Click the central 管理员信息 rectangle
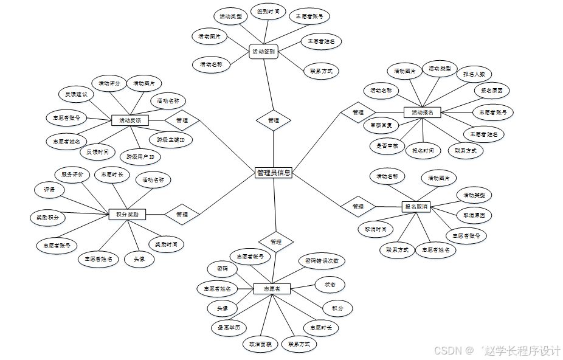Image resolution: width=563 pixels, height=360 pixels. coord(274,173)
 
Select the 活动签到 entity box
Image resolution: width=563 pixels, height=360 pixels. coord(263,52)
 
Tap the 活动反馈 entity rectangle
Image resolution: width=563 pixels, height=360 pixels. coord(130,120)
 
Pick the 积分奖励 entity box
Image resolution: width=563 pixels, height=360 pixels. coord(127,214)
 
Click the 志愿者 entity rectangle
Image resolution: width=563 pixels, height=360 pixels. coord(272,288)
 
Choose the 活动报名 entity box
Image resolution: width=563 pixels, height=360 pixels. coord(422,112)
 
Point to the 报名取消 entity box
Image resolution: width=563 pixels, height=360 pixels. coord(416,207)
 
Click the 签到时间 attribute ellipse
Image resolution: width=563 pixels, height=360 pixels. coord(268,12)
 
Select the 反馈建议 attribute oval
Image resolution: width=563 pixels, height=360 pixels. coord(77,94)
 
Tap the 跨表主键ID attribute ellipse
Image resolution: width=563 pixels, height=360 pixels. coord(171,139)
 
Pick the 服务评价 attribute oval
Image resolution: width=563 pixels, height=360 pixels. coord(72,175)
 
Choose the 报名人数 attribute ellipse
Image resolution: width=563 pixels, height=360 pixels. coord(474,74)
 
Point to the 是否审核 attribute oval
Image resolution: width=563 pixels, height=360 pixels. coord(387,145)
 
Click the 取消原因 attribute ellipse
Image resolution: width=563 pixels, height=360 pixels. coord(474,215)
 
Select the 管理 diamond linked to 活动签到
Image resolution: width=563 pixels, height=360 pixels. coord(273,120)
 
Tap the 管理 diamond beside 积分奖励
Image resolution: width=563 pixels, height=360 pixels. coord(182,214)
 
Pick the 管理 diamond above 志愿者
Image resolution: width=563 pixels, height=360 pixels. coord(275,241)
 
